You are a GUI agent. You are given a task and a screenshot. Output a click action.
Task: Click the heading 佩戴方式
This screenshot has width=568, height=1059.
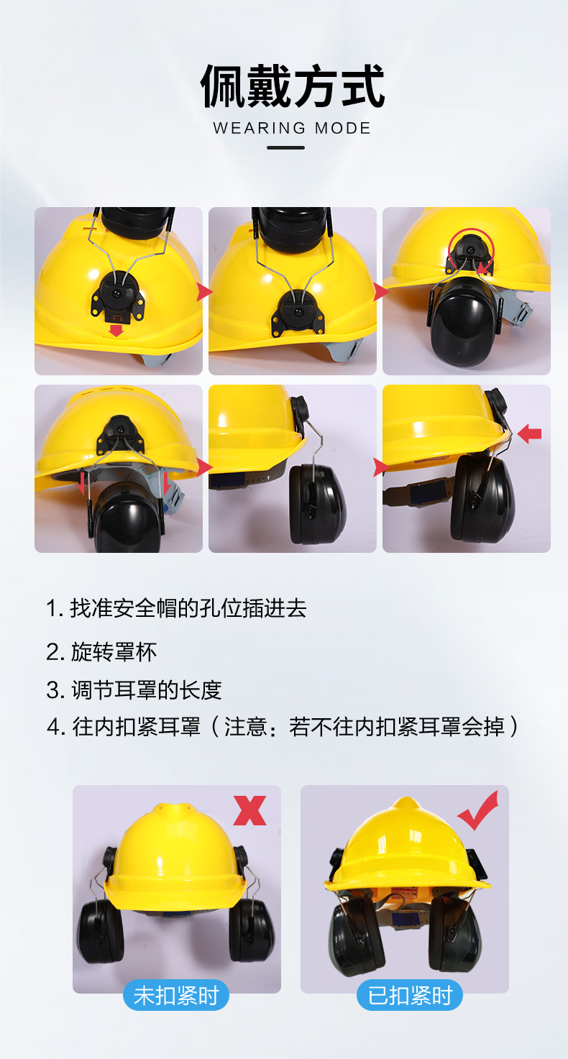click(x=292, y=86)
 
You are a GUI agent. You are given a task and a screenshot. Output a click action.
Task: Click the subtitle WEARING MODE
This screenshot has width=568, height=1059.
click(x=292, y=129)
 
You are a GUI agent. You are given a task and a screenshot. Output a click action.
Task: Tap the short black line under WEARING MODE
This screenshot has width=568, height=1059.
click(x=285, y=148)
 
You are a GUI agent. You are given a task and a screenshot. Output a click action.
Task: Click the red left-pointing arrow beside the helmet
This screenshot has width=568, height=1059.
click(x=529, y=433)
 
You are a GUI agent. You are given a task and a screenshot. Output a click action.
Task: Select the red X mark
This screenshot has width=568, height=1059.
click(x=249, y=810)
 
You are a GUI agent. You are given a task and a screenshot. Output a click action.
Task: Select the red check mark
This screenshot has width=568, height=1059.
click(x=478, y=810)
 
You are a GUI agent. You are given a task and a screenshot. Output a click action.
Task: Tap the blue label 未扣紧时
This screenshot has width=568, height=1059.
click(x=176, y=995)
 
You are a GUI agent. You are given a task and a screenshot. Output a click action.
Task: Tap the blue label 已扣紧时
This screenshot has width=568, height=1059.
click(x=410, y=995)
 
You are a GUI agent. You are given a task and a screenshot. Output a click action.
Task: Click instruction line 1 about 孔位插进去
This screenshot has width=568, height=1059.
click(x=177, y=608)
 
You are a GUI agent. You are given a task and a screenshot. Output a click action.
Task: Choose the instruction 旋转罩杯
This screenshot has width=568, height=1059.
click(x=101, y=651)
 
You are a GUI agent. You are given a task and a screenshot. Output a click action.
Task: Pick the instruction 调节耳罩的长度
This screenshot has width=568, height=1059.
click(x=134, y=689)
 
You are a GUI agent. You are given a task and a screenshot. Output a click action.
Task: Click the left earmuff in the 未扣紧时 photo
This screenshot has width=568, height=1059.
click(x=101, y=930)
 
